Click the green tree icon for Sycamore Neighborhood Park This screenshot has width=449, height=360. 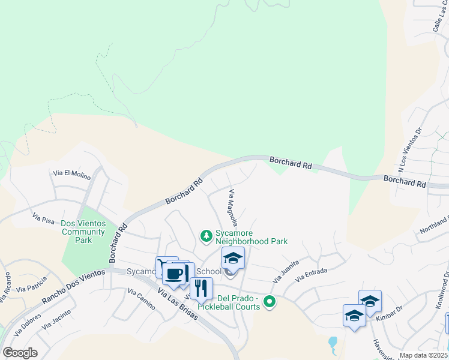click(206, 234)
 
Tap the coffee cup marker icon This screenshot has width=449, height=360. click(174, 274)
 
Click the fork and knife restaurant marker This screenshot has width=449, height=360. click(201, 288)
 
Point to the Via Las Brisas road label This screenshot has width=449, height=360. click(178, 306)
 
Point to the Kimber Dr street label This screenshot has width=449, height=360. click(388, 315)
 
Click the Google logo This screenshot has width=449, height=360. click(20, 352)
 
